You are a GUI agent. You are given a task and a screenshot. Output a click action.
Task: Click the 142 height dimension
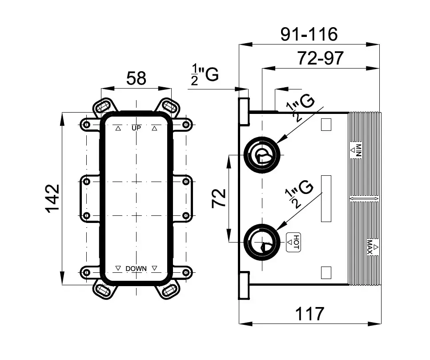coord(52,198)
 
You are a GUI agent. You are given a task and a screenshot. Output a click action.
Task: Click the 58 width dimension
coord(136,79)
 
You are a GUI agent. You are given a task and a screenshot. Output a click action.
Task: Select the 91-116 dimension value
coord(309,34)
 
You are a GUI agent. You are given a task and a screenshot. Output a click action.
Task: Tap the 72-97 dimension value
coord(320,58)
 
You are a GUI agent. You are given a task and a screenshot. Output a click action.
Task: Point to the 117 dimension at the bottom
coord(309,314)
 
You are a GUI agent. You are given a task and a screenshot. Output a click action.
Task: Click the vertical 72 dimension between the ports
coord(219,198)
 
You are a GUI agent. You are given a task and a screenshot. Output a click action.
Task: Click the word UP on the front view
coord(136,128)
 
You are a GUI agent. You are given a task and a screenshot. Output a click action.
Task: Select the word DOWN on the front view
coord(136,268)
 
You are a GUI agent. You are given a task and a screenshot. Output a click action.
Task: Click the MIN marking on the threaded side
coord(357,150)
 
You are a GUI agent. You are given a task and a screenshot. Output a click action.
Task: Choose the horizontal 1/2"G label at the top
coord(205,74)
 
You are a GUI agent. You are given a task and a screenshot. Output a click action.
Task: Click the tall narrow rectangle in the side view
coord(326,198)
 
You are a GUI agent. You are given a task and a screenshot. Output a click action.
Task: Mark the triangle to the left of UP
coord(118,128)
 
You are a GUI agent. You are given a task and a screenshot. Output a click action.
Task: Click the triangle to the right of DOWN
coord(155,268)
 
